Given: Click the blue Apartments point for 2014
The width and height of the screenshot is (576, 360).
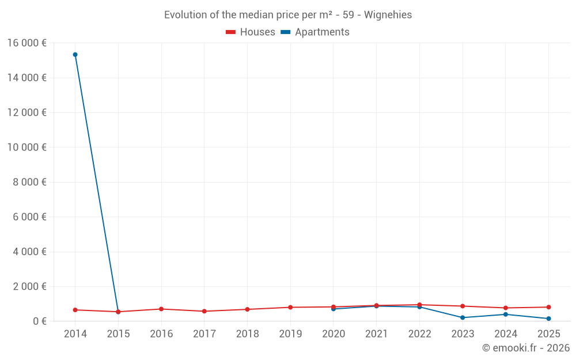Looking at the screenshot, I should pos(75,55).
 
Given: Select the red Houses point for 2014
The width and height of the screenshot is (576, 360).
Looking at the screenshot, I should pos(75,310).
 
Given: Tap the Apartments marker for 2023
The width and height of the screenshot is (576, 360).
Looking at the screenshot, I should pos(463,317).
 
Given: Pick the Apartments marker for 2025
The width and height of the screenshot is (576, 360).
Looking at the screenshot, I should pos(548,319).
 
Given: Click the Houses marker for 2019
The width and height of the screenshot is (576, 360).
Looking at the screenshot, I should pos(290,307).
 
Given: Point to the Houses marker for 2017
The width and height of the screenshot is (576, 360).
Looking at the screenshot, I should pos(204,311).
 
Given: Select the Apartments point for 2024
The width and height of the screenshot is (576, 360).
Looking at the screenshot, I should pos(506,314).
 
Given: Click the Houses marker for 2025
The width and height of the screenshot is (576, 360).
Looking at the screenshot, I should pos(548,307).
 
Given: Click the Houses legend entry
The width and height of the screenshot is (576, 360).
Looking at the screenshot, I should pos(251,32).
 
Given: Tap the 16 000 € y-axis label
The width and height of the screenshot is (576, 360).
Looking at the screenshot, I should pos(26,43).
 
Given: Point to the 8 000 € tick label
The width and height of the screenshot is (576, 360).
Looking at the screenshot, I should pos(29,182).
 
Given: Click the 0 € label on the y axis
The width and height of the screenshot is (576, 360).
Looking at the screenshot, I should pos(40,321).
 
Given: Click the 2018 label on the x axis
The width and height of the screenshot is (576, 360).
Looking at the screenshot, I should pos(247,334).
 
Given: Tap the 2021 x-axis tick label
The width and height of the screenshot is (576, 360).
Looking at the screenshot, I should pos(376,334).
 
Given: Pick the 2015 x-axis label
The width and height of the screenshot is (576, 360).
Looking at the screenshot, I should pos(118,334).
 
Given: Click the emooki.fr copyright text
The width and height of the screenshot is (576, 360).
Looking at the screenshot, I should pos(526,348).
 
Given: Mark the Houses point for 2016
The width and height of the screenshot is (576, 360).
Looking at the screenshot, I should pos(161,309).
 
